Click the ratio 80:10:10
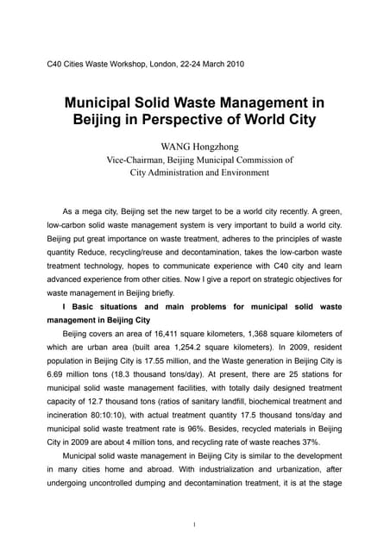129,417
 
